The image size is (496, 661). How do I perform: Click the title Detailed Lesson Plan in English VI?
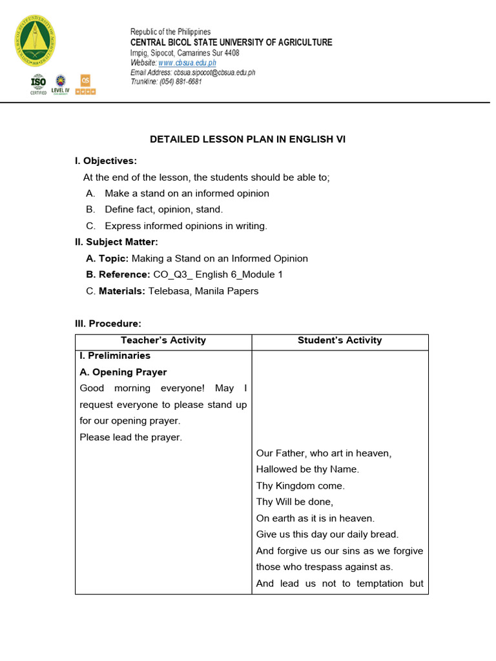coord(248,139)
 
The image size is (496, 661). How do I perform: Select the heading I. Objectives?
coord(106,161)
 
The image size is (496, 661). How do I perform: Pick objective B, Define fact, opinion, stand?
coord(163,209)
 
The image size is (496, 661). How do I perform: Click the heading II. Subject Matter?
coord(116,242)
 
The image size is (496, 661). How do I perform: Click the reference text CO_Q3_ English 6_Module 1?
coord(218,274)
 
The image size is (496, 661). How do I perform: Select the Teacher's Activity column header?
coord(163,340)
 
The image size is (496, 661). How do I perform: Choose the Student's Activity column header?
coord(340,340)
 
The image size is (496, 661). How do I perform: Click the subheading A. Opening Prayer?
coord(123,372)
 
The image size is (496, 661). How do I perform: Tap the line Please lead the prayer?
coord(131,437)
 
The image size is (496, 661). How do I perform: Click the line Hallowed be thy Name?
coord(307,469)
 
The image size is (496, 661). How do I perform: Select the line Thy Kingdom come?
coord(300,485)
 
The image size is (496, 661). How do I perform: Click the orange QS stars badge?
coord(87,84)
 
